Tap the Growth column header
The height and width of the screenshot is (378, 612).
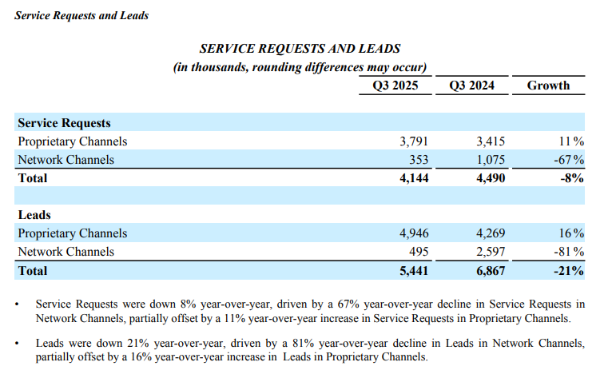[x=548, y=86]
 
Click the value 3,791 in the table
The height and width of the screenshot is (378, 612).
[x=414, y=141]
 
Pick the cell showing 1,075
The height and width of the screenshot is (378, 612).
[x=490, y=160]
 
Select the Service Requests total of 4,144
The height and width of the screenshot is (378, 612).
[x=414, y=178]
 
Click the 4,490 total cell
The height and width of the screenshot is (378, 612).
[x=490, y=178]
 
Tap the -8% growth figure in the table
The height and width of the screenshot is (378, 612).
[x=573, y=178]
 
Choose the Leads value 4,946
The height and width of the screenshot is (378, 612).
[x=414, y=233]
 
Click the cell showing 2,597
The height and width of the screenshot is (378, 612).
[x=490, y=252]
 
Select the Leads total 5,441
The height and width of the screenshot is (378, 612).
[x=414, y=271]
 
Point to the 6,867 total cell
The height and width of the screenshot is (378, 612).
[x=490, y=271]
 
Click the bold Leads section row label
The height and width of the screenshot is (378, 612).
[x=34, y=215]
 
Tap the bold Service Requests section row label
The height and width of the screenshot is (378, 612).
[x=64, y=123]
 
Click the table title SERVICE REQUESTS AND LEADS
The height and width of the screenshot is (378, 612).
[x=300, y=49]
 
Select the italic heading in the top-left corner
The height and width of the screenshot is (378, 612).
[x=81, y=15]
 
